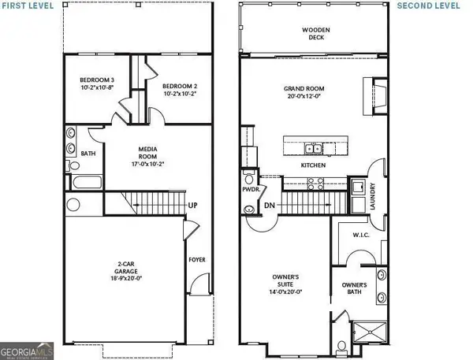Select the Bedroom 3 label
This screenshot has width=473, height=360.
click(x=97, y=84)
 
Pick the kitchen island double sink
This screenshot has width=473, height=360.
click(x=313, y=148)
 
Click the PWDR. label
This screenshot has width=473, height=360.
click(x=252, y=190)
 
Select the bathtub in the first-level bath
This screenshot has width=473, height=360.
click(x=80, y=184)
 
